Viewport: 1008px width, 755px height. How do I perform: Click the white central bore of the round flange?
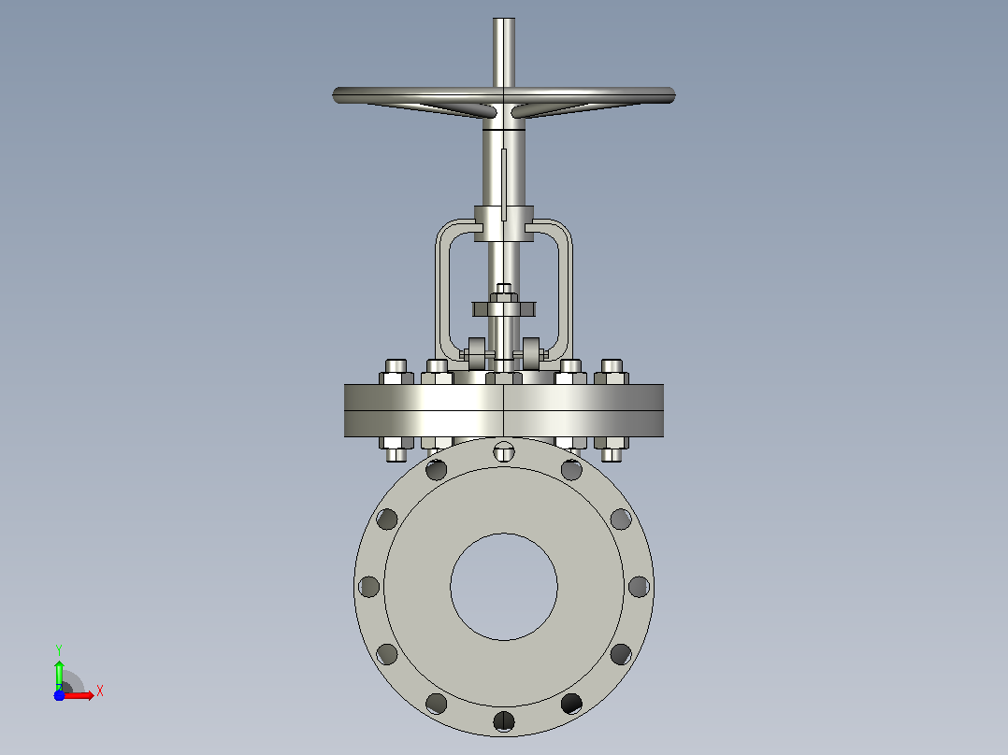pyautogui.click(x=504, y=587)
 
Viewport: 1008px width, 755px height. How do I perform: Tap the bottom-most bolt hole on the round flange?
pyautogui.click(x=504, y=721)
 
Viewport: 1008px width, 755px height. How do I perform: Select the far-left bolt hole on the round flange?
pyautogui.click(x=369, y=587)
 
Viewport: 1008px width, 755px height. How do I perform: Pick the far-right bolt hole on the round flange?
pyautogui.click(x=639, y=587)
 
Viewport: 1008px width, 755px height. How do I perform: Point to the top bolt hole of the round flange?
pyautogui.click(x=504, y=451)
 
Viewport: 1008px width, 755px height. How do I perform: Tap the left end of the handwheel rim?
pyautogui.click(x=336, y=95)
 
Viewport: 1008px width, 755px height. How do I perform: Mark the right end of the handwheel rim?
pyautogui.click(x=672, y=95)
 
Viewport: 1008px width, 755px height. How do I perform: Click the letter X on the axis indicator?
pyautogui.click(x=100, y=691)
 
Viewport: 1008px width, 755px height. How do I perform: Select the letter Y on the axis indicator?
pyautogui.click(x=59, y=650)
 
